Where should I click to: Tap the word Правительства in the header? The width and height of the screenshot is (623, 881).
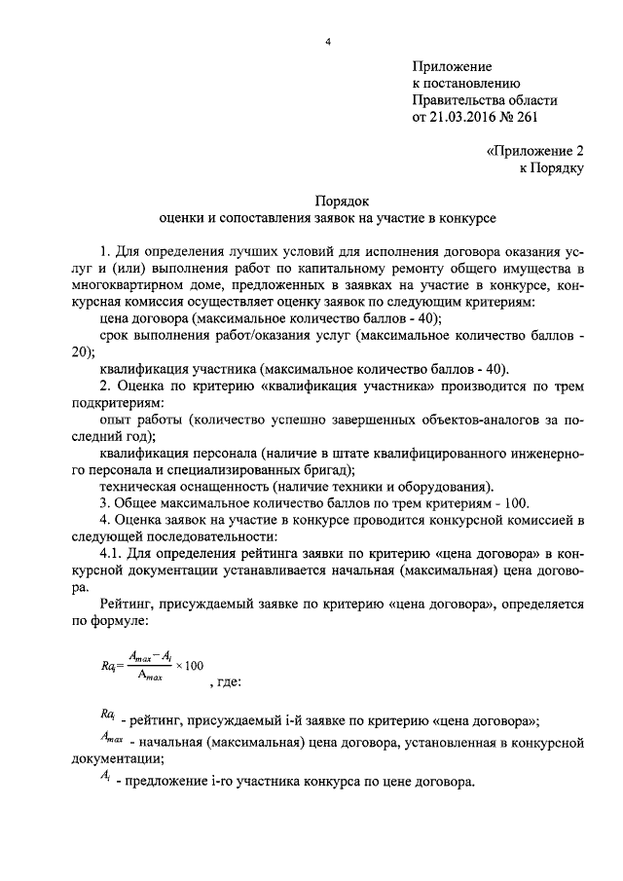pos(454,100)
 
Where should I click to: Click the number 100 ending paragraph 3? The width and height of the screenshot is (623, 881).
pos(517,503)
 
